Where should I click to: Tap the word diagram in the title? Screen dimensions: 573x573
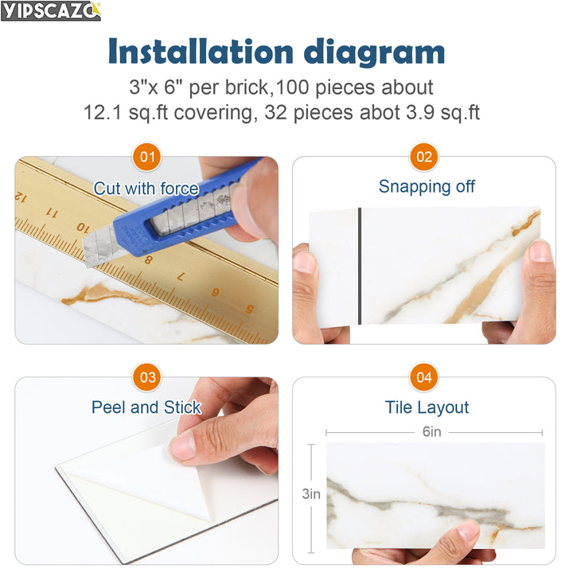pos(382,52)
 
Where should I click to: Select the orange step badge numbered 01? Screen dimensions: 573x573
pos(146,157)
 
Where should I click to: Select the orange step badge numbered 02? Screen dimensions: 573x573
pos(424,157)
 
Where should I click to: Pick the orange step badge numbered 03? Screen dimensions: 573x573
pos(146,377)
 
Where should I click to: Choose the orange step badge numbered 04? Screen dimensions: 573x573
pos(424,377)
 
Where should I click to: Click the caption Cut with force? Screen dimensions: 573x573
pos(146,189)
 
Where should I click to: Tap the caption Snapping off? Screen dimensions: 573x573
pos(427,187)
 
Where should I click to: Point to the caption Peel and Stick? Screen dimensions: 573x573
pos(146,407)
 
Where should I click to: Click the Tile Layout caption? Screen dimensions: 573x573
pos(427,407)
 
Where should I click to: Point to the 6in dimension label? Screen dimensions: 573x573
pos(432,432)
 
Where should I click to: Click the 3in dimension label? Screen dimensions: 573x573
pos(310,493)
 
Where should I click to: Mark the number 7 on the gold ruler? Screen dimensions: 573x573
pos(181,276)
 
